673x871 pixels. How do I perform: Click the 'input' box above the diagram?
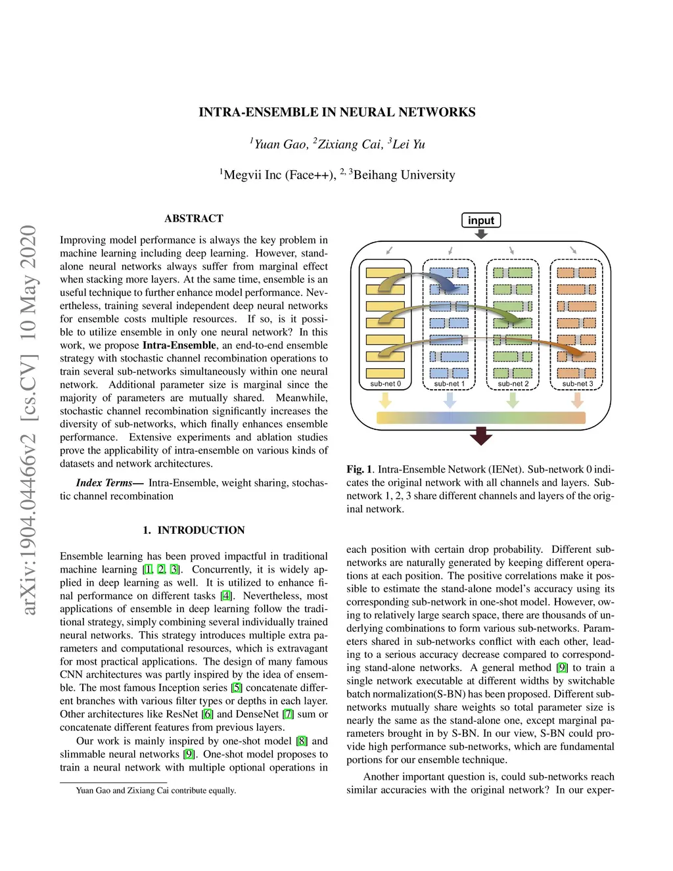(x=481, y=220)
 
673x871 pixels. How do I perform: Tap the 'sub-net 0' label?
(x=385, y=384)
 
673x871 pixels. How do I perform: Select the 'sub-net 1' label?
(x=449, y=384)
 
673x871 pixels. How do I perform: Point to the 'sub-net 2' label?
(x=513, y=384)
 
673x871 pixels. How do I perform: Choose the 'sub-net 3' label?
(x=577, y=384)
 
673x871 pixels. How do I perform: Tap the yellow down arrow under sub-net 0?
(x=386, y=400)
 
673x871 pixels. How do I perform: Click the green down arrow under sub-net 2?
(x=513, y=400)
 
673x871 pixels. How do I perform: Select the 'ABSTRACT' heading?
(x=194, y=218)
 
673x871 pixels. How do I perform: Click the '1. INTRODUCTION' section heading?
(x=194, y=530)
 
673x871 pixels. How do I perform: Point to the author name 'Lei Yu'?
(x=409, y=144)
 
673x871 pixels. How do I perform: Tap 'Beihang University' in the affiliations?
(x=404, y=175)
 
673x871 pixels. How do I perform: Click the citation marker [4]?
(x=226, y=596)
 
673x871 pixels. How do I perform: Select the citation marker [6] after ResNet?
(x=208, y=714)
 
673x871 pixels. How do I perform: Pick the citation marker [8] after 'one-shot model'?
(x=301, y=741)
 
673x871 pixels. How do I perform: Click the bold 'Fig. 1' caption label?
(x=360, y=469)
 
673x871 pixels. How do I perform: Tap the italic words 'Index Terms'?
(x=104, y=483)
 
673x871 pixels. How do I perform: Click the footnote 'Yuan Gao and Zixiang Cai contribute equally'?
(x=156, y=790)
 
